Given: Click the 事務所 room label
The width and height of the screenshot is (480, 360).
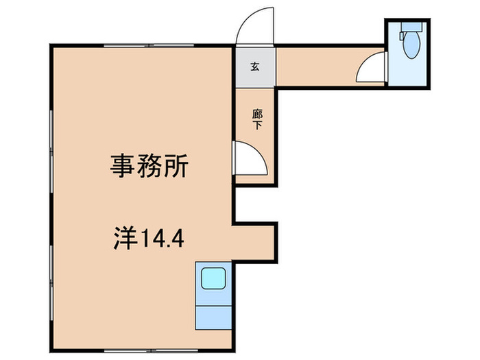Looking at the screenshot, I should [x=150, y=165].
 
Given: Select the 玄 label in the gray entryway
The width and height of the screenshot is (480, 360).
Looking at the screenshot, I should [x=254, y=67].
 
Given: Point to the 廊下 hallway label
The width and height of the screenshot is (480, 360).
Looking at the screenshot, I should [x=257, y=120].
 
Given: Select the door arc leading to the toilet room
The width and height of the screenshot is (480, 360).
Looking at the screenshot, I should [x=370, y=69].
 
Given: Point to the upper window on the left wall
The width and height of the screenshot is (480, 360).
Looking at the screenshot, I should [x=51, y=130].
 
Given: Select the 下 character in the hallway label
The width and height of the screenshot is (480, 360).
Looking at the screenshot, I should [x=257, y=125].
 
